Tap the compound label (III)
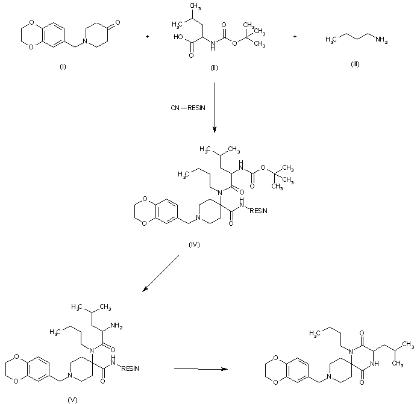pyautogui.click(x=355, y=64)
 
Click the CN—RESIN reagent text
pyautogui.click(x=187, y=108)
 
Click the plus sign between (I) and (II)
pyautogui.click(x=148, y=37)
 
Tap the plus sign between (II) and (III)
pyautogui.click(x=295, y=37)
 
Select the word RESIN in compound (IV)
pyautogui.click(x=258, y=211)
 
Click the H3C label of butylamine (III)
pyautogui.click(x=331, y=39)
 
